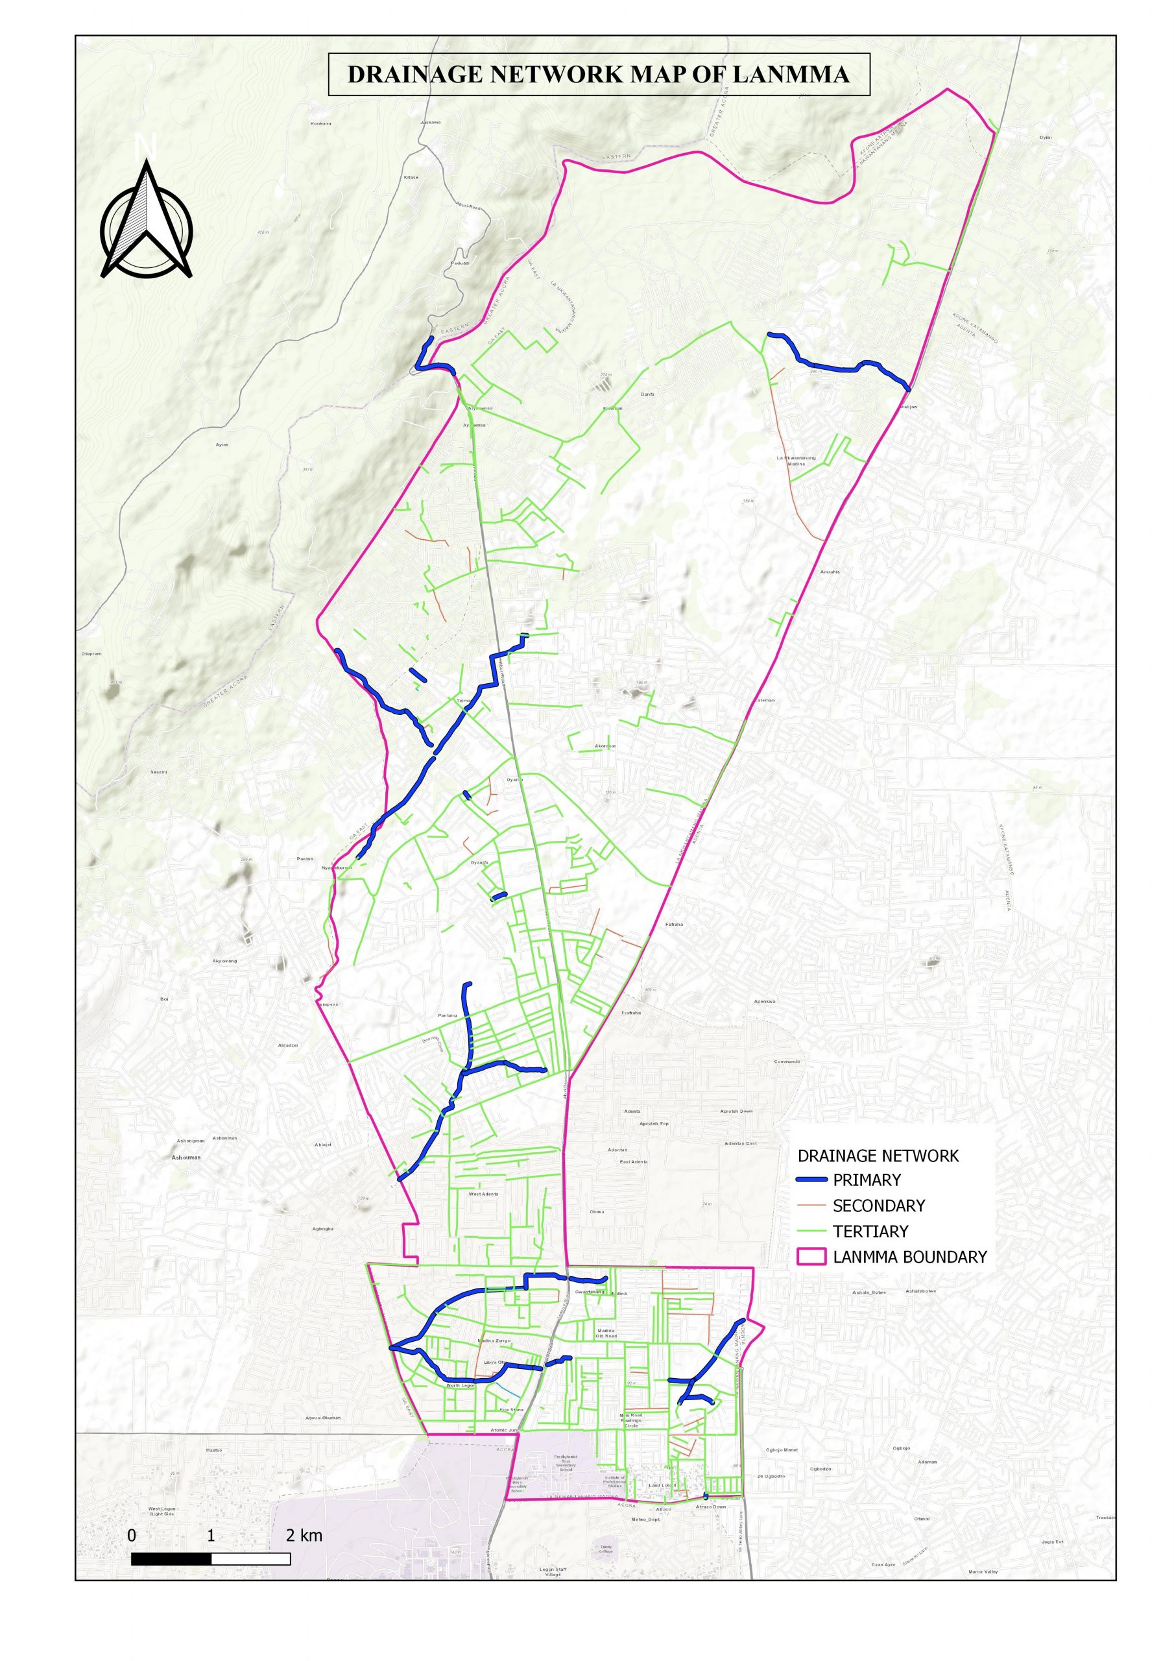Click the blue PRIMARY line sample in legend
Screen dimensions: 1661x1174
click(811, 1180)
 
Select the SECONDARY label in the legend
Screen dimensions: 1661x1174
click(878, 1206)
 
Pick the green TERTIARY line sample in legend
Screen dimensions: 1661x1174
click(811, 1231)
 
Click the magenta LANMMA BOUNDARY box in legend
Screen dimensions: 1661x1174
click(811, 1256)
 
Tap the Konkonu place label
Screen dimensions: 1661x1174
click(320, 124)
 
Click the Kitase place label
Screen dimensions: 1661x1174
click(411, 177)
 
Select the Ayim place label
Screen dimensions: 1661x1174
click(222, 444)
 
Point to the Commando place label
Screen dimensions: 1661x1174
click(787, 1062)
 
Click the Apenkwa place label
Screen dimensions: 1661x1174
click(765, 1001)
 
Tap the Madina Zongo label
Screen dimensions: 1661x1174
click(495, 1340)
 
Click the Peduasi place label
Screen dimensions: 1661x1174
click(460, 263)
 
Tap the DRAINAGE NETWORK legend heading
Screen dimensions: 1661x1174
click(878, 1156)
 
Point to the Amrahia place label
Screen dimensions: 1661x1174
click(830, 572)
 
